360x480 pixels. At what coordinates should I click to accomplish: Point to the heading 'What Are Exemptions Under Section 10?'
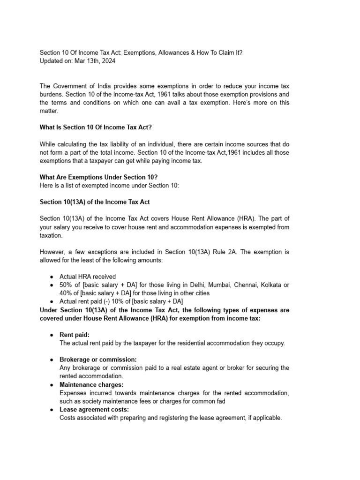[98, 177]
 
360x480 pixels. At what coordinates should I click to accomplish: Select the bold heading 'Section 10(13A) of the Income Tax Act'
[94, 202]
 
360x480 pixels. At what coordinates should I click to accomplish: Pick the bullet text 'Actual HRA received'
[88, 277]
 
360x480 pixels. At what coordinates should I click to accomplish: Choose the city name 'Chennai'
[246, 285]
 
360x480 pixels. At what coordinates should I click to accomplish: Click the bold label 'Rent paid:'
[74, 335]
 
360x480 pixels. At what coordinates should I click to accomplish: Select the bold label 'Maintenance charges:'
[91, 384]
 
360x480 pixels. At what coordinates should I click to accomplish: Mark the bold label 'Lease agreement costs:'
[94, 409]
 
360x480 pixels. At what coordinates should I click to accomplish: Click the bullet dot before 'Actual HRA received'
[52, 277]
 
